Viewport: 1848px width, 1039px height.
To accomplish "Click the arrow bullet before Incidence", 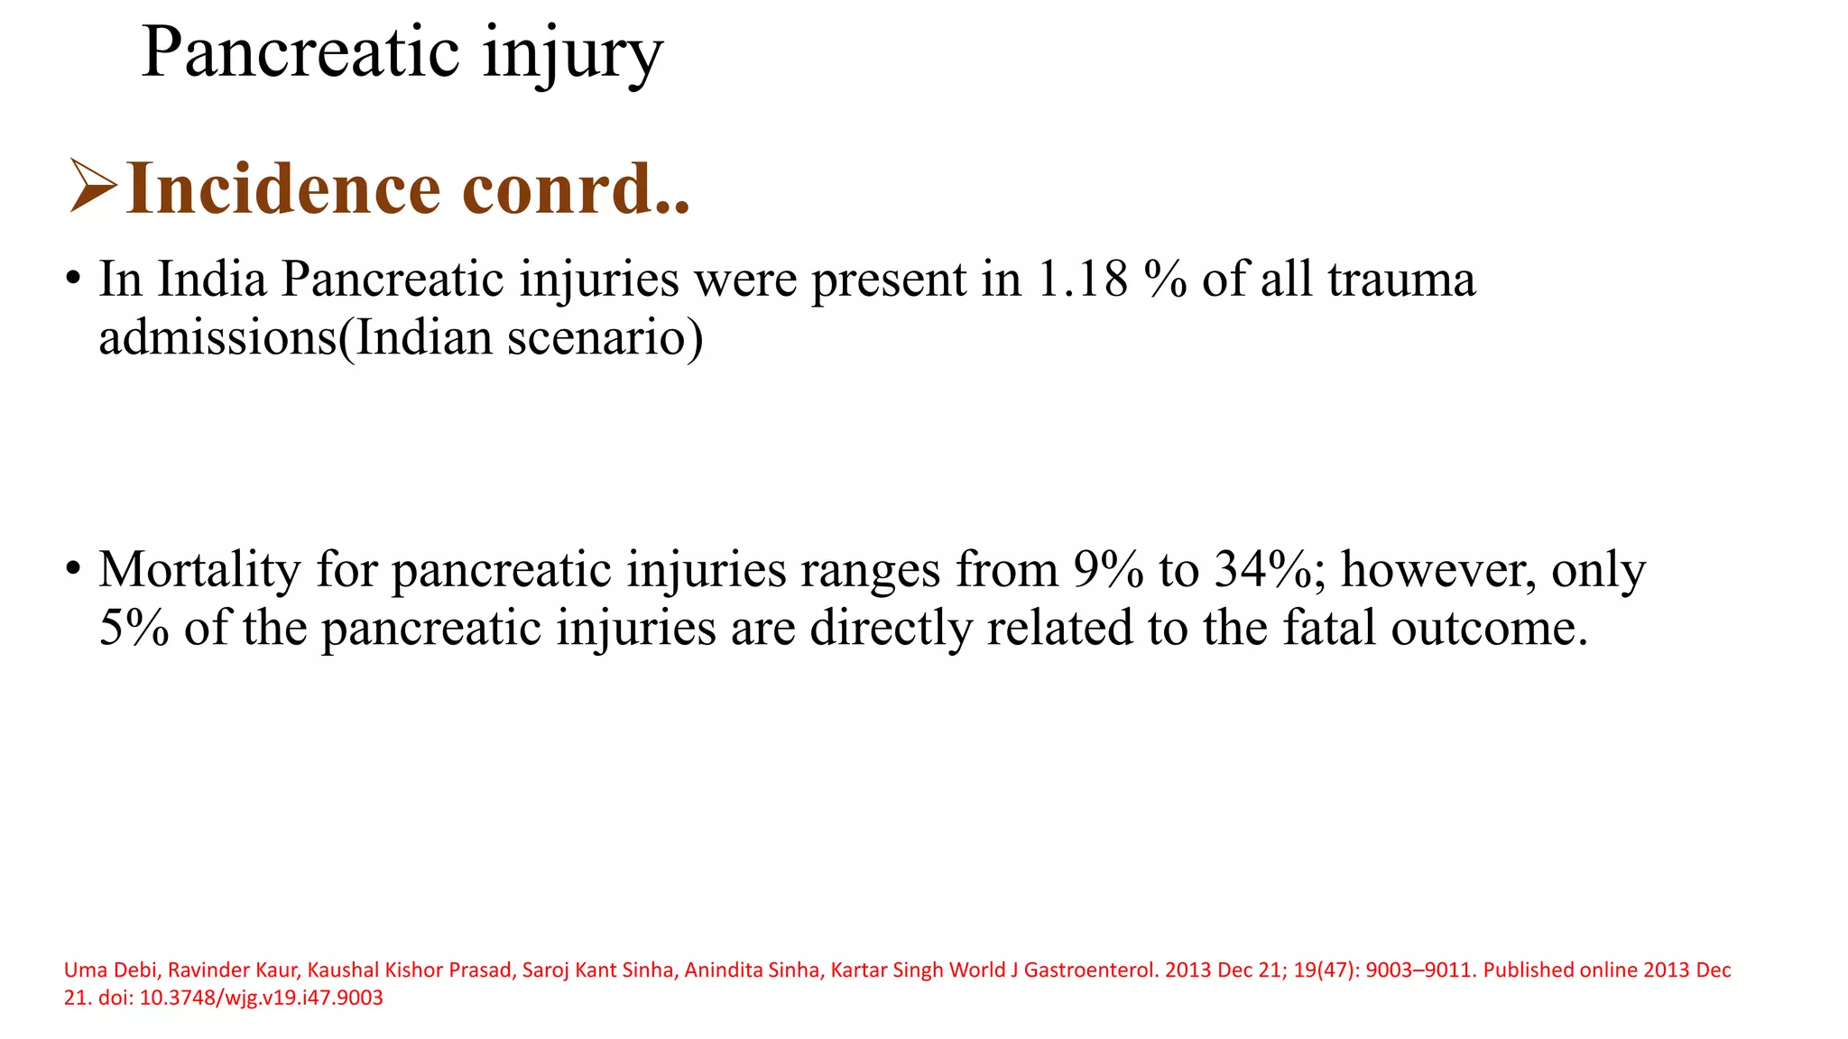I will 92,187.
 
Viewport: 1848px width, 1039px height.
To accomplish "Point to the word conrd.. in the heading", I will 576,188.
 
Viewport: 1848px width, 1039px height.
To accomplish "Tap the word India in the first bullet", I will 212,279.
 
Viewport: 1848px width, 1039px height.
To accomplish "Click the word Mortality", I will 199,570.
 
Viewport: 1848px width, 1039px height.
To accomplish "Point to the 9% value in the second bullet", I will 1109,570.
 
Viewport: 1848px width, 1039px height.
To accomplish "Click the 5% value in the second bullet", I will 134,628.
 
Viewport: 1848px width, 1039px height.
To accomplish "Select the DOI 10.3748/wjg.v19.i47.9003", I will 261,998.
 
